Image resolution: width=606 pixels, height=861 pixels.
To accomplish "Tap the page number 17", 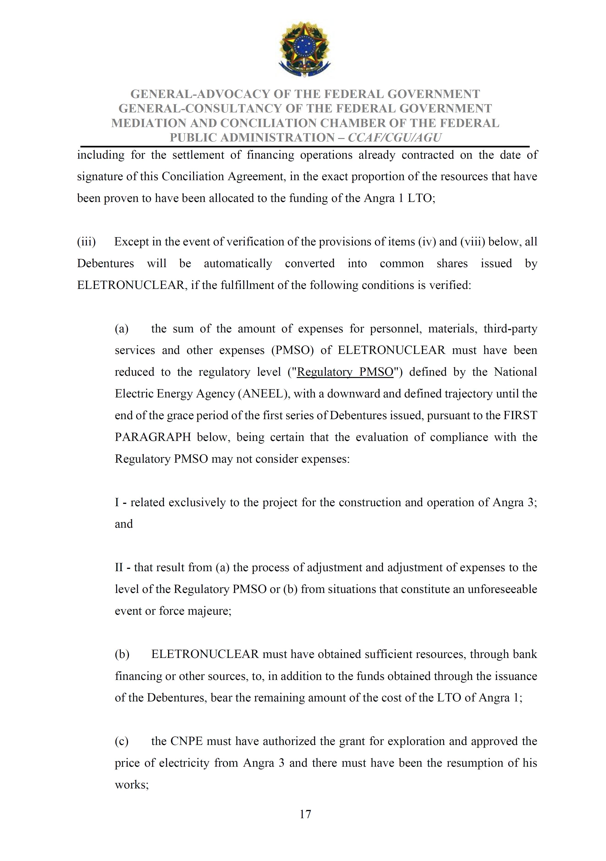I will pyautogui.click(x=305, y=814).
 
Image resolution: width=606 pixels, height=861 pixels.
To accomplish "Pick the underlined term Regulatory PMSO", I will pyautogui.click(x=345, y=372).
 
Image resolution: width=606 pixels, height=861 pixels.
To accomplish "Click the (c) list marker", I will pyautogui.click(x=122, y=741).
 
